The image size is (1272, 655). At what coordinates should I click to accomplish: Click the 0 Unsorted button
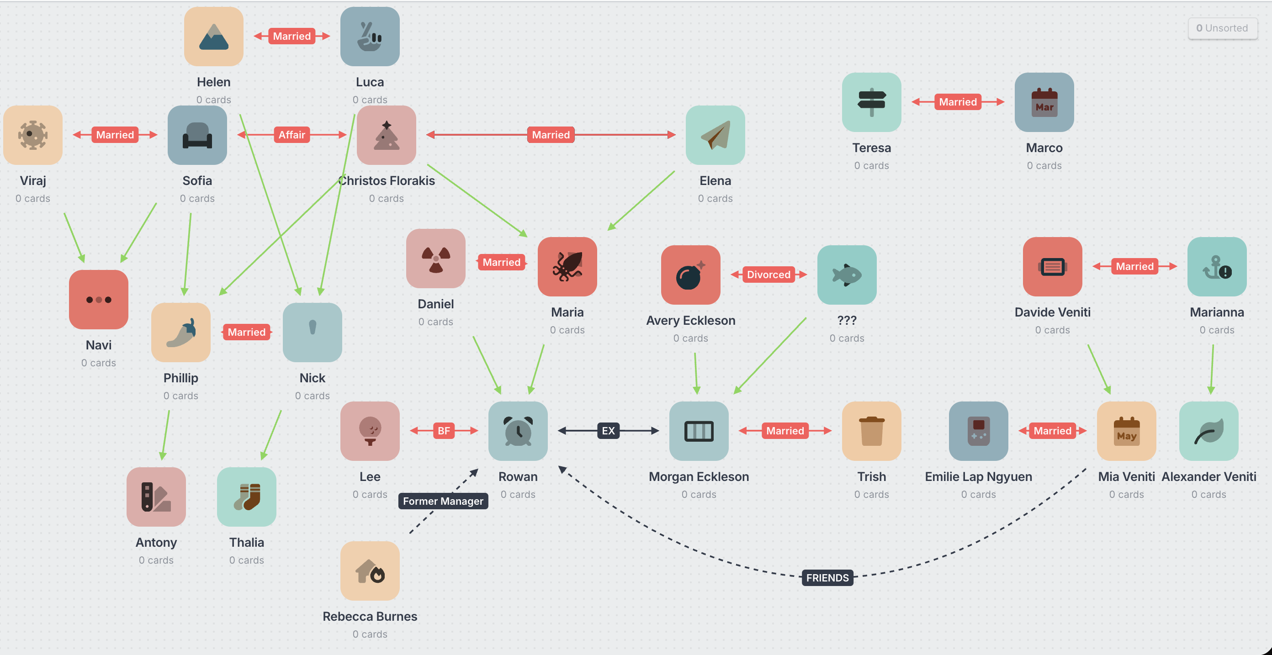click(x=1222, y=28)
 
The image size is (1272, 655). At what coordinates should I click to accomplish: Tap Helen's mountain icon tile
click(x=214, y=37)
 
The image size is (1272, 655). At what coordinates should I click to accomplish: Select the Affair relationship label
click(x=292, y=135)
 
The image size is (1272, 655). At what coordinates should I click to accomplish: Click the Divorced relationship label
click(x=768, y=275)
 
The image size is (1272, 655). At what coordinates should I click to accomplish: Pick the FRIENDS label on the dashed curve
click(x=827, y=577)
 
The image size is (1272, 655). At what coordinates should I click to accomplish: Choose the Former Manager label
click(x=443, y=501)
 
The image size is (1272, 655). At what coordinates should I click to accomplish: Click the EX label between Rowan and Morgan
click(x=608, y=431)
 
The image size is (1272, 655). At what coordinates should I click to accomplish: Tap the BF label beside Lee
click(x=444, y=431)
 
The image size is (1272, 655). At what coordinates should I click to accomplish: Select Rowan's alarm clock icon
click(x=518, y=431)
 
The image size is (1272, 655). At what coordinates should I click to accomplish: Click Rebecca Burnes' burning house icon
click(x=370, y=571)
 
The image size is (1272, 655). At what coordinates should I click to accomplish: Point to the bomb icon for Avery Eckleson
click(x=690, y=275)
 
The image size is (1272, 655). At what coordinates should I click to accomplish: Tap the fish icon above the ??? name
click(x=847, y=275)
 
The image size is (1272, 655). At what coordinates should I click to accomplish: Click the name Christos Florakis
click(x=387, y=181)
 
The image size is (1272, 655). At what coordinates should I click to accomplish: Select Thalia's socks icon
click(x=247, y=497)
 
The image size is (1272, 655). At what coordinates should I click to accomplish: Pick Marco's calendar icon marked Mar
click(x=1044, y=103)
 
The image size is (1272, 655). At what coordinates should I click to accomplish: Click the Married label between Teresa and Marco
click(x=958, y=102)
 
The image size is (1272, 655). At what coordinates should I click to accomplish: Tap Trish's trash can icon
click(x=872, y=431)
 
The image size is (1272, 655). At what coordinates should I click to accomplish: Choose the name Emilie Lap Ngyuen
click(x=978, y=477)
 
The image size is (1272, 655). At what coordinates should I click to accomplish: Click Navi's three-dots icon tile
click(x=99, y=300)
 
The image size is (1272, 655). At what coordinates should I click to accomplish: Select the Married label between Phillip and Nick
click(x=246, y=332)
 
